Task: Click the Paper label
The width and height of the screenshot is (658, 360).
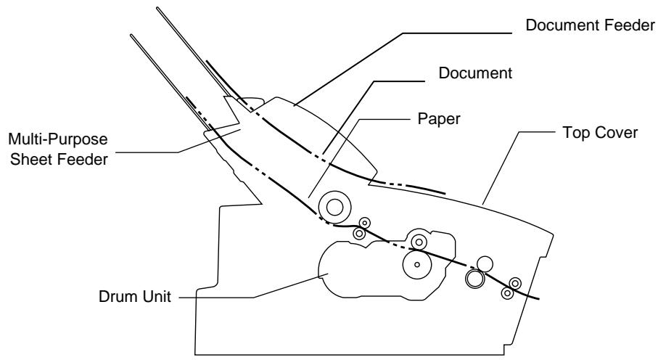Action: tap(439, 119)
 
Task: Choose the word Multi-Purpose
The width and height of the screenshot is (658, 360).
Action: tap(58, 139)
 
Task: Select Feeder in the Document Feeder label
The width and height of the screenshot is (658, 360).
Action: tap(630, 25)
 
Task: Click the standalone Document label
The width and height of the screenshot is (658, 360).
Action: tap(475, 73)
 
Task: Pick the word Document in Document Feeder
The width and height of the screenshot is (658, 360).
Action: tap(562, 25)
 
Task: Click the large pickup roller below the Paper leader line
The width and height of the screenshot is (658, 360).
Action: tap(334, 207)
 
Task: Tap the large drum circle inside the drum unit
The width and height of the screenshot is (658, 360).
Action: tap(416, 264)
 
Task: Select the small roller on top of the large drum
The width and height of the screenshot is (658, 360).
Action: tap(419, 242)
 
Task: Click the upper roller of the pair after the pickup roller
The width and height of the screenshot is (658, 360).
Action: tap(365, 223)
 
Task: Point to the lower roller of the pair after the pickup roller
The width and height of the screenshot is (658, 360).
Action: tap(359, 233)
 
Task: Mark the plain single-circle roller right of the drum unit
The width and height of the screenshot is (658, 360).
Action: tap(485, 263)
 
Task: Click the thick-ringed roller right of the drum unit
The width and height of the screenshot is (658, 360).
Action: tap(474, 279)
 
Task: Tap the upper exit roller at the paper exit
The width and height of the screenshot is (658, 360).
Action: tap(515, 283)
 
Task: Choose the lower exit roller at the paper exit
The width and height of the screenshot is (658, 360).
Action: tap(507, 292)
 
